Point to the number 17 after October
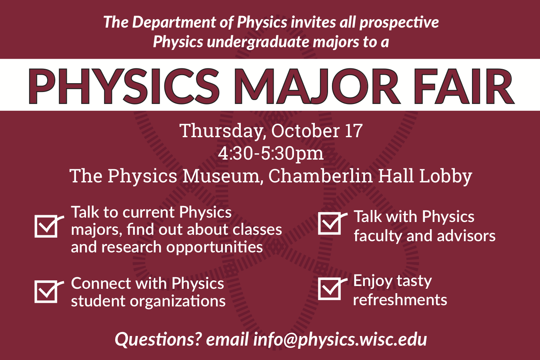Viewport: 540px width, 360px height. click(x=353, y=131)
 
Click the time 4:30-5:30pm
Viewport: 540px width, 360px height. click(x=271, y=153)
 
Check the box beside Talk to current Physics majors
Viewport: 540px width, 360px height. click(x=46, y=226)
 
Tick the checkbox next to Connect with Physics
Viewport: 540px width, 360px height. click(x=46, y=291)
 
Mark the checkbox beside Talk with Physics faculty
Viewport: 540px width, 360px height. click(x=330, y=223)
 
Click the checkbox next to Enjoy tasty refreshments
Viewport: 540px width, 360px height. click(x=330, y=289)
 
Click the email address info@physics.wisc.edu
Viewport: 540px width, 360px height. click(x=340, y=339)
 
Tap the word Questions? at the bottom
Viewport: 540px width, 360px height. click(x=158, y=339)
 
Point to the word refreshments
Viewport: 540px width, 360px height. click(x=400, y=300)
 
